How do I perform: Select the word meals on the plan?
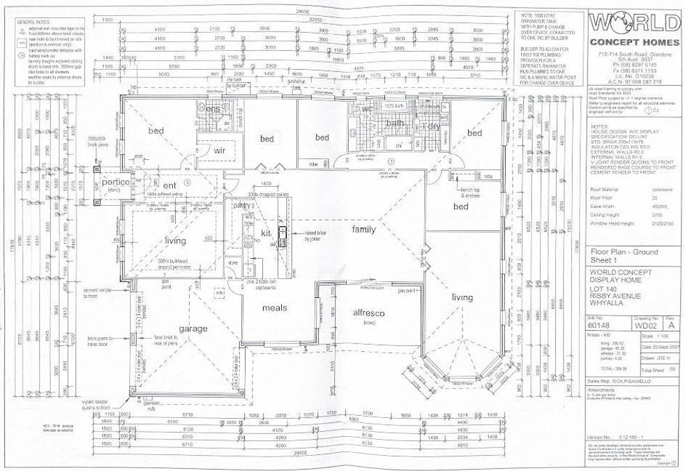tap(274, 308)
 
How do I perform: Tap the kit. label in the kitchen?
tap(265, 232)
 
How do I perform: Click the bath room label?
tap(396, 124)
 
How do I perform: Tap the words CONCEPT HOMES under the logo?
tap(633, 43)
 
